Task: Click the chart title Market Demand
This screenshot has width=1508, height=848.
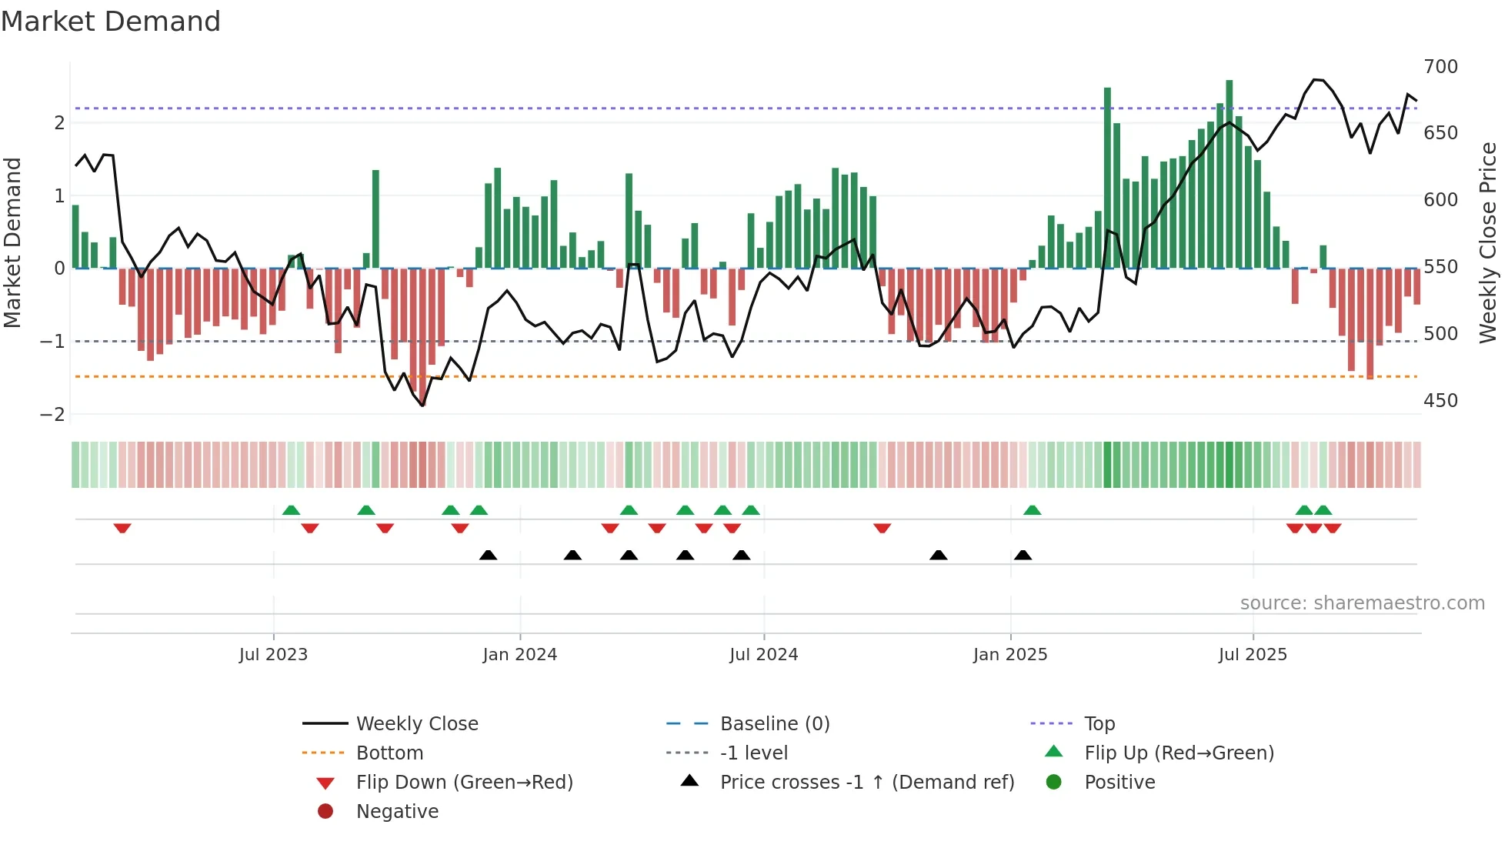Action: click(x=111, y=22)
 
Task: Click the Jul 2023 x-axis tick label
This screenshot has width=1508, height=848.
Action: click(x=273, y=655)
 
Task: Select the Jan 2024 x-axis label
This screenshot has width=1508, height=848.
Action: click(x=519, y=655)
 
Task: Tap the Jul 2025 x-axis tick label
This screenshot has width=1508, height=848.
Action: click(x=1253, y=655)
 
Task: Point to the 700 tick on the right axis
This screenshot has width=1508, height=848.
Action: click(x=1440, y=67)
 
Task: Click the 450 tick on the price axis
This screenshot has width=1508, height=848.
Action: click(x=1440, y=401)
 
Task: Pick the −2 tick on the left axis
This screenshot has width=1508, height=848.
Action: click(x=52, y=415)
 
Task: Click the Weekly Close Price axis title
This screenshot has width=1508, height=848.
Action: click(x=1488, y=242)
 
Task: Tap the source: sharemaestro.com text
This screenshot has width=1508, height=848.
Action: click(x=1362, y=603)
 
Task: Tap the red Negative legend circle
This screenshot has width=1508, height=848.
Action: click(x=325, y=811)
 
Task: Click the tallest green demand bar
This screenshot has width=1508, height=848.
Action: click(x=1229, y=173)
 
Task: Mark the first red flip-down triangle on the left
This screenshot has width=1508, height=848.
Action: click(x=122, y=528)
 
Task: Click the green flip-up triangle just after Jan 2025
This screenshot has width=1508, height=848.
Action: click(x=1033, y=510)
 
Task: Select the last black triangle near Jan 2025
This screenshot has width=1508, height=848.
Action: click(x=1023, y=555)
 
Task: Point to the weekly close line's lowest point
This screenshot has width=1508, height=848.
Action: click(x=422, y=405)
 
